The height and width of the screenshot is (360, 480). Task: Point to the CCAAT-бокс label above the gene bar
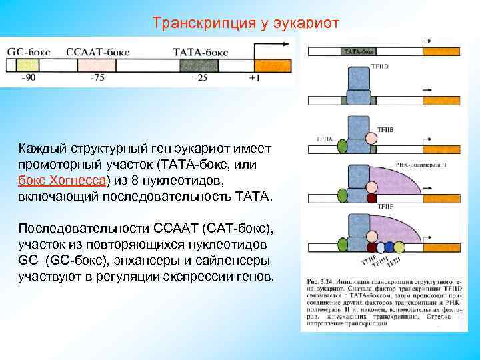94,51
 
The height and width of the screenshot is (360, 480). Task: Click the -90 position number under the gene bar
29,77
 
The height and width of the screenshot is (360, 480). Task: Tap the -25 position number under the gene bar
199,77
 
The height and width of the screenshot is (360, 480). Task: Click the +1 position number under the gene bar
254,77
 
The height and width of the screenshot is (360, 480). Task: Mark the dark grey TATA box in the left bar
199,65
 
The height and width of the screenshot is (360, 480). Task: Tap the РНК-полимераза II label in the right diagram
418,163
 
